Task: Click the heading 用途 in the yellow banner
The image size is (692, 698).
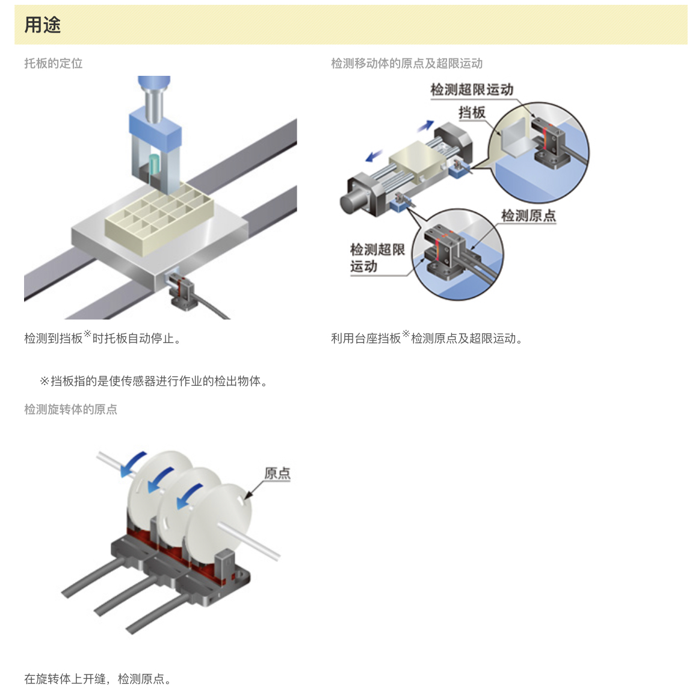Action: pos(42,25)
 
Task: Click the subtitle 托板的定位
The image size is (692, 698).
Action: pos(54,63)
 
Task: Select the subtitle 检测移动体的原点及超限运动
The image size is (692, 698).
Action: pos(407,63)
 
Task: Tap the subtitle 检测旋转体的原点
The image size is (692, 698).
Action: pos(71,409)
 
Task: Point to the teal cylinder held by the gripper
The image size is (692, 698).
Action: pos(153,165)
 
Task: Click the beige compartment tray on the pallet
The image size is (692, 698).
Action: pos(159,218)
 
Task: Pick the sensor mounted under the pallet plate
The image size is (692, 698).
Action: pos(181,289)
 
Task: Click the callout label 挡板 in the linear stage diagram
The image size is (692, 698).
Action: pos(472,112)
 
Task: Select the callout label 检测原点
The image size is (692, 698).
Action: pos(528,216)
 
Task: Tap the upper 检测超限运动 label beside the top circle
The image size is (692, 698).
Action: pos(472,90)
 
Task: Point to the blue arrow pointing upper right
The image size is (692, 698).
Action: pos(425,126)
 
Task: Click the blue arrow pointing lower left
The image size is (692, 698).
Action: pos(374,156)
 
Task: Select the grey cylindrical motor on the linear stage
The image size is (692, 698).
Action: pos(355,202)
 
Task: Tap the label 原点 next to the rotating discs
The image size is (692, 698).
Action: pos(277,473)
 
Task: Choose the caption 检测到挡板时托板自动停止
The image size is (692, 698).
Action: pos(103,338)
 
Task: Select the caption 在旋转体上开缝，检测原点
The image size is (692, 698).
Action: pos(98,679)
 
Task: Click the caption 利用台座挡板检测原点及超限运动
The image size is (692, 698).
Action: pos(427,338)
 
